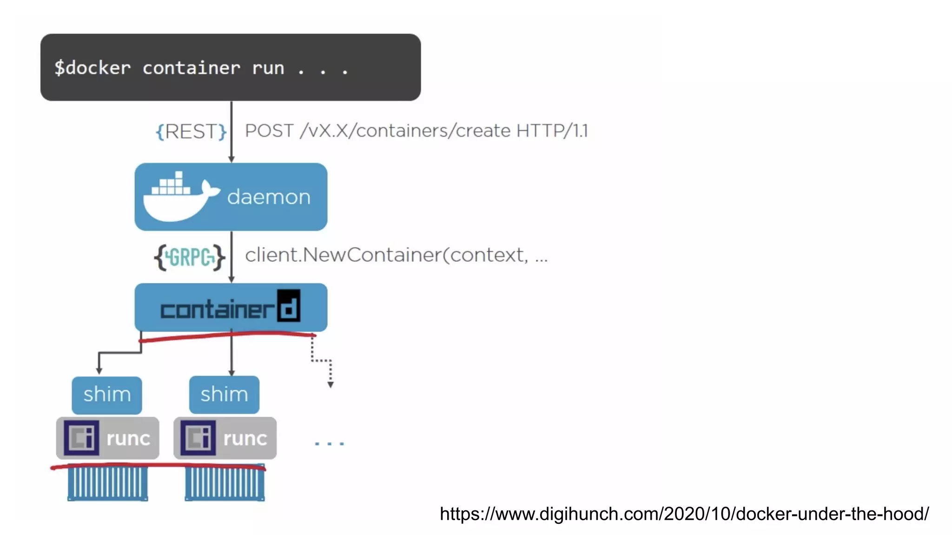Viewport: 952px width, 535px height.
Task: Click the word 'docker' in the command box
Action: pyautogui.click(x=98, y=68)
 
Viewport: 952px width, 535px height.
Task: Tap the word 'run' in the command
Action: pyautogui.click(x=268, y=68)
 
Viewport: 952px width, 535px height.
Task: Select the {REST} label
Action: pyautogui.click(x=191, y=131)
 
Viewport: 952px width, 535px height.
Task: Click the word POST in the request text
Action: pyautogui.click(x=269, y=130)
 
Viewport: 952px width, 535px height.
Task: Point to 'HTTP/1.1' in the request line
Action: pyautogui.click(x=552, y=130)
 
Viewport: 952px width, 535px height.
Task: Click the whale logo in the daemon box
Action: pyautogui.click(x=179, y=197)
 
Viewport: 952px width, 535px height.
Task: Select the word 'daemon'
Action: pyautogui.click(x=269, y=197)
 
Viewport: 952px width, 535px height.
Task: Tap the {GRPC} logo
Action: pyautogui.click(x=190, y=257)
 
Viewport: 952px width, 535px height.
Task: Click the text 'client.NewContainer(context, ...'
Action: pyautogui.click(x=396, y=255)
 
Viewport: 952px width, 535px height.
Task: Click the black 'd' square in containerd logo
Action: pyautogui.click(x=289, y=306)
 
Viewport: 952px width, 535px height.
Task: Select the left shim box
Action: pyautogui.click(x=107, y=395)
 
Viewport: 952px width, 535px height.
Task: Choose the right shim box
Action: pyautogui.click(x=224, y=395)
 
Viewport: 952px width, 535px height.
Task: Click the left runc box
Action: pyautogui.click(x=108, y=438)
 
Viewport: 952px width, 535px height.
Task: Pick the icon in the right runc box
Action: pyautogui.click(x=198, y=437)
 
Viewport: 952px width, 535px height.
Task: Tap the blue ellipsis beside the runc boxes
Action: pyautogui.click(x=329, y=444)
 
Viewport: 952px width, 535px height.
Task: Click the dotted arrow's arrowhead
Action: pyautogui.click(x=331, y=385)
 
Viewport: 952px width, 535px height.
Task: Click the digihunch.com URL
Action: pyautogui.click(x=684, y=514)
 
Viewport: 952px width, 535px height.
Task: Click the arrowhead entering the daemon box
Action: pyautogui.click(x=231, y=159)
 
